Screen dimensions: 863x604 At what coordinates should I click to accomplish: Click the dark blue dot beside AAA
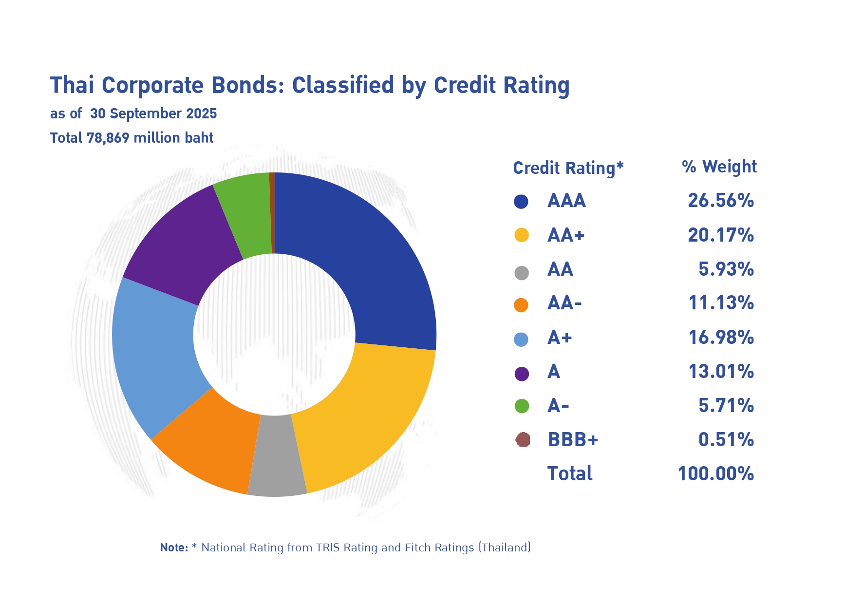(521, 202)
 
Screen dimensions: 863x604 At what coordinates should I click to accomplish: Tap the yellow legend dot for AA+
(521, 235)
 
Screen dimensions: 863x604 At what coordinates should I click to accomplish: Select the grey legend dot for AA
(521, 273)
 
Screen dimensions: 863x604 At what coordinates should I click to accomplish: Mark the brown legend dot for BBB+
(523, 440)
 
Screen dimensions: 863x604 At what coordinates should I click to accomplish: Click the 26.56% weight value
(721, 201)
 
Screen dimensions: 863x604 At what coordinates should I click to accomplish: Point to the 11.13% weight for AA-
(721, 303)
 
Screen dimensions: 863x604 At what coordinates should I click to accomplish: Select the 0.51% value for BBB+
(726, 440)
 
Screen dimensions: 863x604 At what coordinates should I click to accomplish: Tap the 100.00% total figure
(716, 473)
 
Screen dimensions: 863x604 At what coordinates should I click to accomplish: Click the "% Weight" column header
(719, 167)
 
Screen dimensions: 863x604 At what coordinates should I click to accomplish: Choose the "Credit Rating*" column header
(568, 168)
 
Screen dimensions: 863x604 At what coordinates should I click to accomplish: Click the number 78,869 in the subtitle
(108, 138)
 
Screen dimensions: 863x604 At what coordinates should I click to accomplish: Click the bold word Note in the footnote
(174, 547)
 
